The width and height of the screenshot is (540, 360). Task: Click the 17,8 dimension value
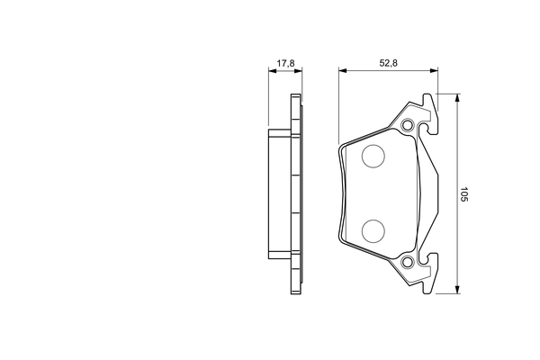coord(285,63)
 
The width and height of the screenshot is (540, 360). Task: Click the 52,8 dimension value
coord(389,63)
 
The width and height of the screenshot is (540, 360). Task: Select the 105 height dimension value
coord(464,194)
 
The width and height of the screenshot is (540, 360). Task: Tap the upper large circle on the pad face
coord(373,157)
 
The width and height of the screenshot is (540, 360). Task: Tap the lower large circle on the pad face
coord(373,230)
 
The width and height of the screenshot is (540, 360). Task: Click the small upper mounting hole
coord(408,125)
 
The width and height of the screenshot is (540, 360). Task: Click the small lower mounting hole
coord(408,262)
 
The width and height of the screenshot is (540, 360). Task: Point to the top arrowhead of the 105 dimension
coord(457,97)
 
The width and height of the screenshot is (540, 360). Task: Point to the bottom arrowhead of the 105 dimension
coord(457,290)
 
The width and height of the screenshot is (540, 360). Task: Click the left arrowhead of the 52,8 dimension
coord(343,70)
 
